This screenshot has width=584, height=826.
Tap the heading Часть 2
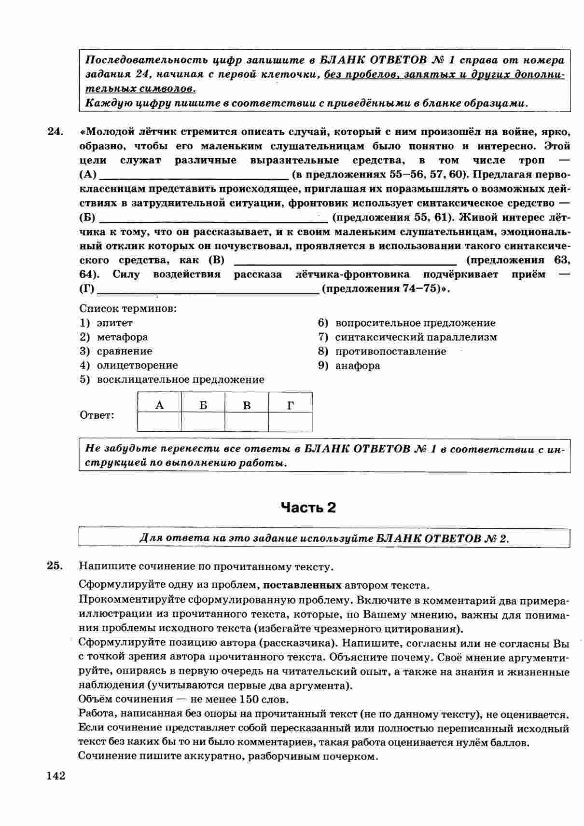(x=308, y=508)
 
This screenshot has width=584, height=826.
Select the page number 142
(x=56, y=776)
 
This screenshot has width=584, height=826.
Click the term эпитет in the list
(x=114, y=323)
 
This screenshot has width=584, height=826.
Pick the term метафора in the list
(x=122, y=337)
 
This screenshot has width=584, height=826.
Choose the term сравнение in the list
(x=124, y=351)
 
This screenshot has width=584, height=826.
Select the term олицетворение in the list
(x=137, y=365)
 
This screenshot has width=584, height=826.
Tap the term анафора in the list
(x=357, y=365)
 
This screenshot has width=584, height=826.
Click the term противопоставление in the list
(x=390, y=351)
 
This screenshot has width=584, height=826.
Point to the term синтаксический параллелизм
(x=416, y=337)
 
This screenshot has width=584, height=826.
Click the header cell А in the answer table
(x=159, y=405)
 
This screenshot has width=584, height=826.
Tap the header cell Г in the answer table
(x=290, y=405)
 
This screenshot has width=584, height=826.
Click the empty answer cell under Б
(x=203, y=422)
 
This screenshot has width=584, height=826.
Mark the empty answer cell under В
(x=247, y=422)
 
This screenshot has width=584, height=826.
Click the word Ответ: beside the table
(x=97, y=415)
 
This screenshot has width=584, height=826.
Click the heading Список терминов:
(x=128, y=308)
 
